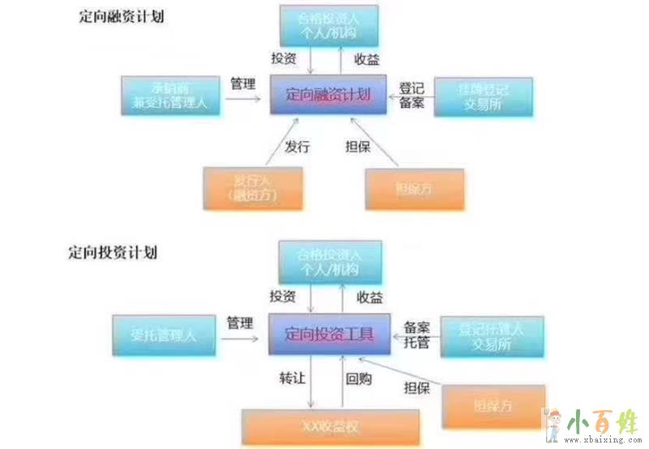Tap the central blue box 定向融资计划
329,95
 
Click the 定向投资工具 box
333,333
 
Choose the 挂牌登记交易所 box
484,96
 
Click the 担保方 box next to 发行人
415,188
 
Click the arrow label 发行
296,147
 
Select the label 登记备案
411,95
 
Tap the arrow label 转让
292,378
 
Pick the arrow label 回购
359,378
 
